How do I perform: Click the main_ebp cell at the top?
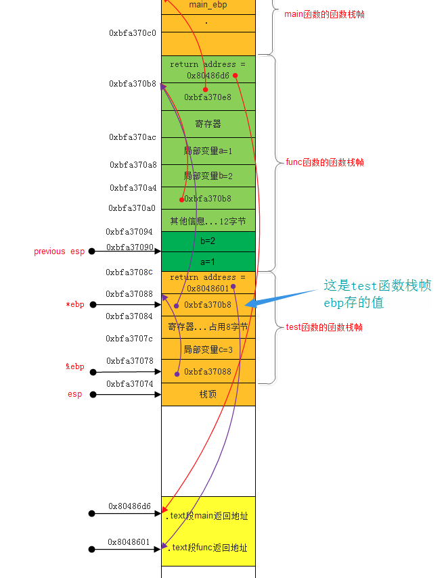click(x=208, y=5)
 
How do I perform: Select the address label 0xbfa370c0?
click(x=133, y=32)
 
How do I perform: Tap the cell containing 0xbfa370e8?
click(x=208, y=97)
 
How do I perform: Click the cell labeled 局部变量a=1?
click(x=208, y=151)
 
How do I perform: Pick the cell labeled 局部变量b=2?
click(x=208, y=176)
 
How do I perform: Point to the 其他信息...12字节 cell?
click(x=208, y=220)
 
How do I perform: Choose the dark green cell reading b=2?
click(x=208, y=241)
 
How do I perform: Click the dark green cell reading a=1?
click(x=208, y=261)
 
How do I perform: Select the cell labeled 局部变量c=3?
click(x=208, y=350)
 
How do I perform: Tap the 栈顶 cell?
click(x=208, y=394)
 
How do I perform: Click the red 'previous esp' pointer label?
click(x=60, y=251)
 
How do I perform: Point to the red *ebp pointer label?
click(x=75, y=305)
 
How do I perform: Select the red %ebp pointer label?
click(x=75, y=367)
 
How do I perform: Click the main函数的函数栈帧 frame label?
click(x=324, y=14)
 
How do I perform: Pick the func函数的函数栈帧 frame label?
click(x=324, y=162)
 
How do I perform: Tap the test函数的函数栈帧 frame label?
click(x=324, y=327)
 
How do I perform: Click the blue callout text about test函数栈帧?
click(x=377, y=294)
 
